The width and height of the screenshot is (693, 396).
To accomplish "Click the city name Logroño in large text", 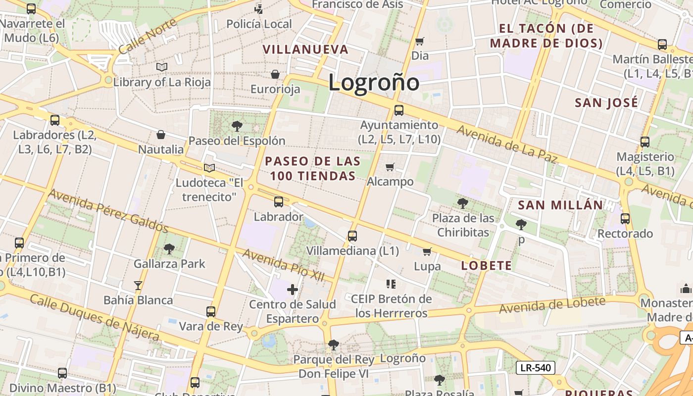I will pos(374,82).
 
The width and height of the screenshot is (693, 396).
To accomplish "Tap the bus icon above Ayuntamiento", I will pos(399,110).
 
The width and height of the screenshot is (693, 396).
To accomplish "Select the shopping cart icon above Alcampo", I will pos(390,167).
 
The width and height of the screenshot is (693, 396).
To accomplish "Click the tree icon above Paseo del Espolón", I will pos(237,126).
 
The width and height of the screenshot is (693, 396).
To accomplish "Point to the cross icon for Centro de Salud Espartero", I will pos(293,289).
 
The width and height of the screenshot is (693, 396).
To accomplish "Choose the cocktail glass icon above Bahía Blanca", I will pos(138,285).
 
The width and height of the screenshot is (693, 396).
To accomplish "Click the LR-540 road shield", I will pos(536,368).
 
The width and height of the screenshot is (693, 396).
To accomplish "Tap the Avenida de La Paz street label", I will pos(507,144).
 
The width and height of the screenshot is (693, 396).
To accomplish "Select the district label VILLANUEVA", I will pos(305,49).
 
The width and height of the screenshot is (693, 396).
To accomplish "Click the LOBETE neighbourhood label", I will pos(486,266).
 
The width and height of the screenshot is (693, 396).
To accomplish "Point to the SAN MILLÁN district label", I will pos(560,205).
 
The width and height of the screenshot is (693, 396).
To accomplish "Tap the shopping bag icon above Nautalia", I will pos(161,135).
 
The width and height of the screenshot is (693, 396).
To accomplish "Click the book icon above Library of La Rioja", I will pos(162,67).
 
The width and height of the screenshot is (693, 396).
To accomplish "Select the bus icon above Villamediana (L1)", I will pos(352,236).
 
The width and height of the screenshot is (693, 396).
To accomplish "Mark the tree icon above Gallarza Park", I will pos(169,248).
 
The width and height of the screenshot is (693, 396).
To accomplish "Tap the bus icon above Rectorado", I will pos(625,218).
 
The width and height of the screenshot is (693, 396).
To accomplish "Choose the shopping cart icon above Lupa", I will pos(427,251).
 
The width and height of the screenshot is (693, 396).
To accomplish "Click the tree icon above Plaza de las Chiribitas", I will pos(463,203).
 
